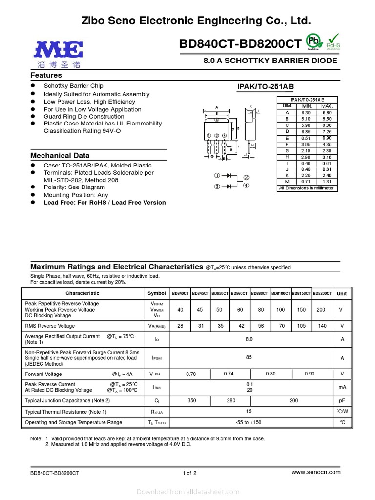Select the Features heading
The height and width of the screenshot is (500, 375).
point(46,75)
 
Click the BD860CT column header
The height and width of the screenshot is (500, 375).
point(240,293)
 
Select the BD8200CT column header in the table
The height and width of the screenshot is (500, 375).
point(322,293)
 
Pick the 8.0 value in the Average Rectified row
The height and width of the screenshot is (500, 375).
point(249,338)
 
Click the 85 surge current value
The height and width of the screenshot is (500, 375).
point(249,357)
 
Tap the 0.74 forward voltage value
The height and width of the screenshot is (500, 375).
point(229,374)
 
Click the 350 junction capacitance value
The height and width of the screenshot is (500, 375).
point(191,400)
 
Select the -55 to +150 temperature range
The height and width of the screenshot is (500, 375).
point(249,422)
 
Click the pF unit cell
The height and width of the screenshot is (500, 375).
point(342,400)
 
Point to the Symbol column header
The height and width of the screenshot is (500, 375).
point(157,293)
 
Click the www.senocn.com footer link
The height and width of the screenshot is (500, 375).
point(316,472)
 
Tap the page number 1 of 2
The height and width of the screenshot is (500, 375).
point(189,473)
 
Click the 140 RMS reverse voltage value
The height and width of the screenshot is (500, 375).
point(321,326)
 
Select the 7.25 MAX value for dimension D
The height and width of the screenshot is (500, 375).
point(327,132)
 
